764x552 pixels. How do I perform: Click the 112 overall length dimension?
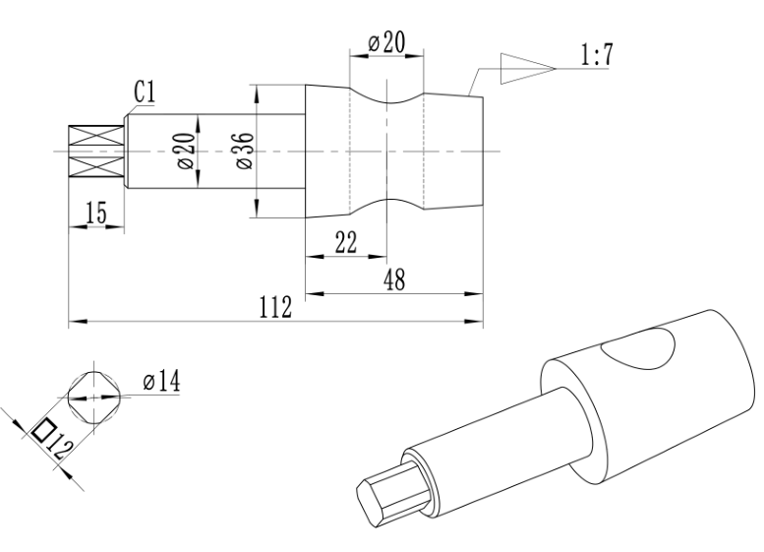point(275,307)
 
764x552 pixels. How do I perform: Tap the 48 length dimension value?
point(394,279)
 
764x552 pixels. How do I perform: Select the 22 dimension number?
point(346,242)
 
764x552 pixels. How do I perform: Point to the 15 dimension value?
point(96,213)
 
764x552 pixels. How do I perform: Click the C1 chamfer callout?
point(145,92)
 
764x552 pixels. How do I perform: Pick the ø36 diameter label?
point(245,151)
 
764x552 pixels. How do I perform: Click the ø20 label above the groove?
point(386,42)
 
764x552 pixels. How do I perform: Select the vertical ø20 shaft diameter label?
point(186,152)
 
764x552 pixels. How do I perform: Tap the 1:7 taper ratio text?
point(597,55)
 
